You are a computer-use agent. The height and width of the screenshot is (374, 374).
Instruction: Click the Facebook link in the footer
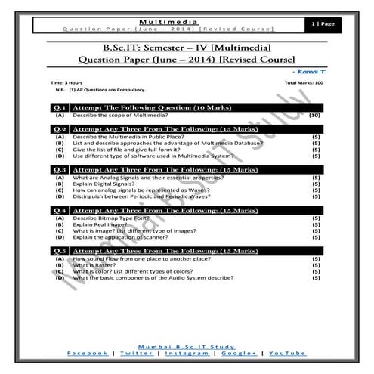click(88, 353)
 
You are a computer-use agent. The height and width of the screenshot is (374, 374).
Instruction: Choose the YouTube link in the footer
click(286, 353)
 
